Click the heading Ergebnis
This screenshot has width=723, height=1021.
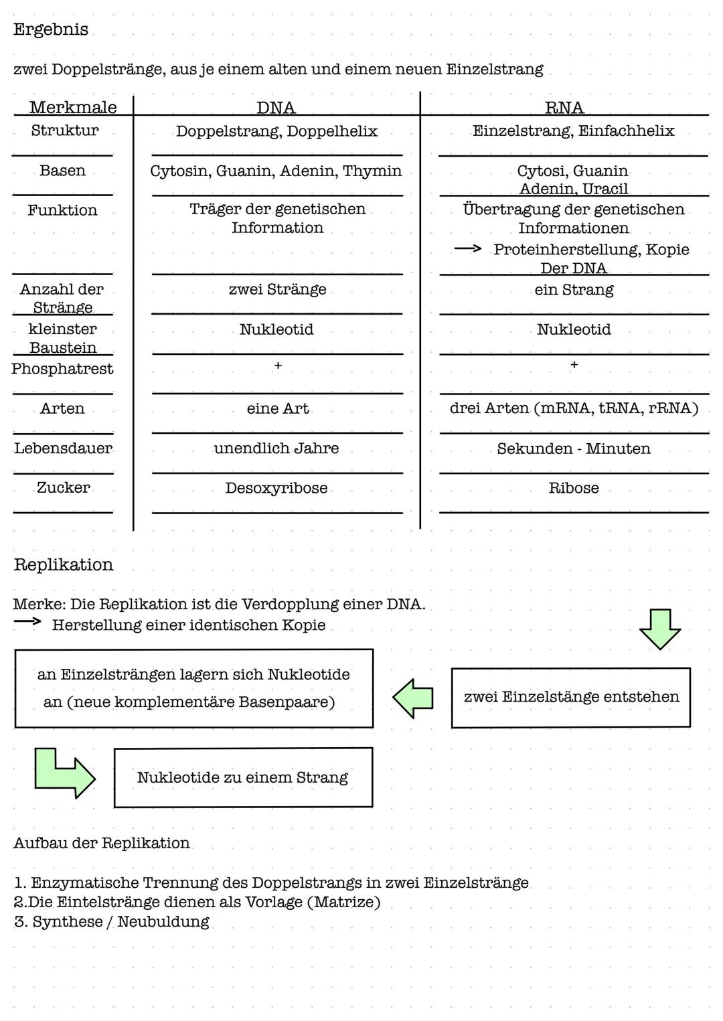50,30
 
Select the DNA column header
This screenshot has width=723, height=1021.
276,108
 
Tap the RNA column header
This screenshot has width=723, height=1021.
564,108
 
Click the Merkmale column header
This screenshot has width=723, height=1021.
73,108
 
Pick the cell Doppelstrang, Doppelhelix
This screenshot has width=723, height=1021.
276,131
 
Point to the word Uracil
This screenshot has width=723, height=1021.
605,189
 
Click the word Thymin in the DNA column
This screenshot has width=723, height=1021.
372,171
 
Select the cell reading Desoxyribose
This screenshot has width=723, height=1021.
276,488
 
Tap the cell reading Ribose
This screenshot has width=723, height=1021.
574,488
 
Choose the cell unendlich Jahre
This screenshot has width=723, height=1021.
276,449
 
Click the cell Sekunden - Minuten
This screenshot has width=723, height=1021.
574,449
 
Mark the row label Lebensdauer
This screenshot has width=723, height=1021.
63,449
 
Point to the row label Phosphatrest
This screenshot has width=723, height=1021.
62,369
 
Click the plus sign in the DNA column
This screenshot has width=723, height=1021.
278,366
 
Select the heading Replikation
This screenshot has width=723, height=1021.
64,564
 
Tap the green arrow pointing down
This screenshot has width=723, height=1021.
660,629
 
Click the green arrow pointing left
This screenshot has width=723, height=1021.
413,698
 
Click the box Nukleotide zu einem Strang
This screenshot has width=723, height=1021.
243,777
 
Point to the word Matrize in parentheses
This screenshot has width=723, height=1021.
343,902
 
